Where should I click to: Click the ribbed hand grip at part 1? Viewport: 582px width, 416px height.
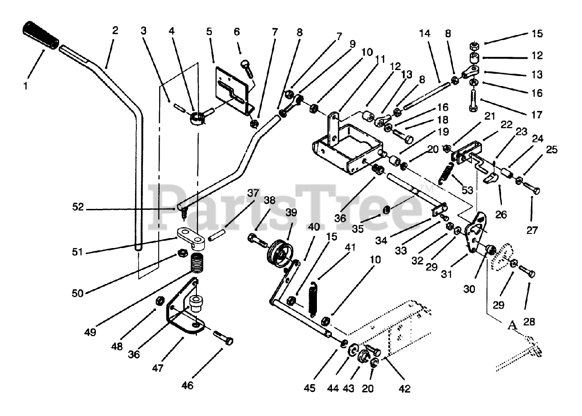[40, 35]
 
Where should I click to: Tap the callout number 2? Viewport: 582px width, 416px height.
[115, 31]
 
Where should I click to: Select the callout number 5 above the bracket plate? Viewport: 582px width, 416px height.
[209, 32]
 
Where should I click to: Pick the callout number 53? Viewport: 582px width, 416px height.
[467, 189]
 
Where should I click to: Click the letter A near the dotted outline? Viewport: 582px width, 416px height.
[512, 325]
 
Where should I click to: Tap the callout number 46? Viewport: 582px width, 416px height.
[187, 386]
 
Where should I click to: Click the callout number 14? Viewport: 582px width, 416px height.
[424, 34]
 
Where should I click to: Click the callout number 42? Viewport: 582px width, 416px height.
[404, 389]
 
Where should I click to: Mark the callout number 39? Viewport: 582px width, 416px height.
[291, 213]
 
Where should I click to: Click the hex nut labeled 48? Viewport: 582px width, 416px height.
[160, 301]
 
